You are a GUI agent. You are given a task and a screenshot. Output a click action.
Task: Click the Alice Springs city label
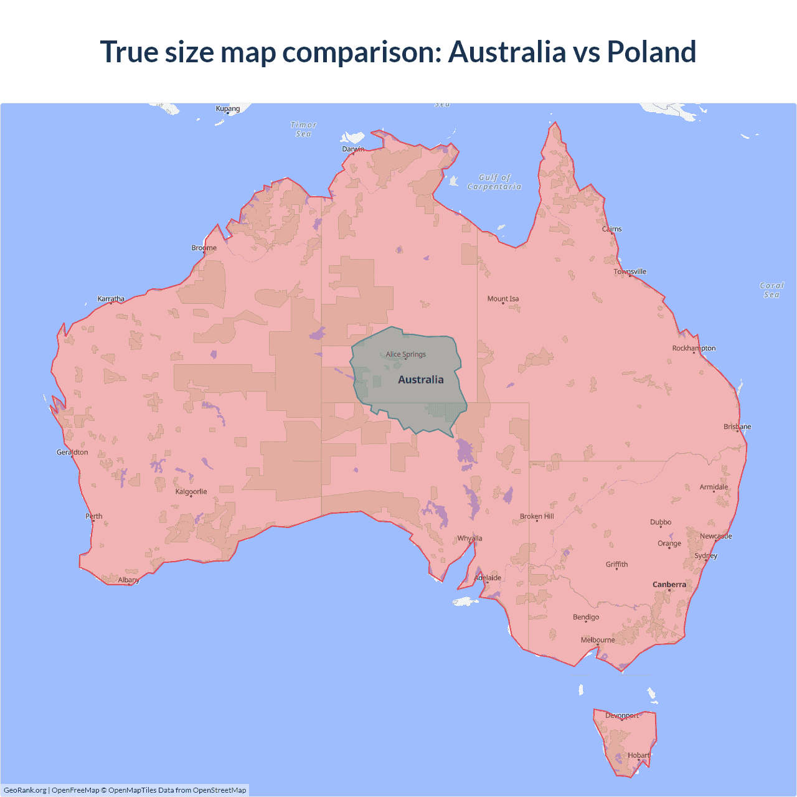(405, 354)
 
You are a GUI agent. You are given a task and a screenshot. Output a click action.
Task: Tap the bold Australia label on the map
(421, 380)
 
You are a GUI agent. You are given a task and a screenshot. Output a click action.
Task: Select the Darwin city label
(353, 149)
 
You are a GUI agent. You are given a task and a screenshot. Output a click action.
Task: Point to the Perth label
(94, 516)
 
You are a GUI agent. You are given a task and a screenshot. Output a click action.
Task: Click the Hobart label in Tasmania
(639, 755)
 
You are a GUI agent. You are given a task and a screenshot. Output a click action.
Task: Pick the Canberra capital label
(669, 585)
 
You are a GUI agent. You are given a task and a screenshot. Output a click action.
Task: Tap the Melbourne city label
(598, 640)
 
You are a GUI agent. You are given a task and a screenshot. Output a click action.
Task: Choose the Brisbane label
(737, 427)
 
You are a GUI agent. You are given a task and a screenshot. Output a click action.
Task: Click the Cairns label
(611, 229)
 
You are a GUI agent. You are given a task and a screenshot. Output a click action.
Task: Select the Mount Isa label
(503, 299)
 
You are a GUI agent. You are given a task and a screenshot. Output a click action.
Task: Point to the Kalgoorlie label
(191, 492)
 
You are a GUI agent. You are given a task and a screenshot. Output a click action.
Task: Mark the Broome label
(204, 248)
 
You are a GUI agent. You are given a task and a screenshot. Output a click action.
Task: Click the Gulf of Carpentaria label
(494, 182)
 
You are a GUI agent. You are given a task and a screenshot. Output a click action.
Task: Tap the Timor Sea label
(304, 130)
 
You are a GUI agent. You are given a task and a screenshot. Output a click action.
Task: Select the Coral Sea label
(771, 290)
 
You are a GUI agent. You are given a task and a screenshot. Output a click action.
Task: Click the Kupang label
(228, 109)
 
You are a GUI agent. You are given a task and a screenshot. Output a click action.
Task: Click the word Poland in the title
(651, 52)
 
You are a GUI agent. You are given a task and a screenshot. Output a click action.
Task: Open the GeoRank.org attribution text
(25, 790)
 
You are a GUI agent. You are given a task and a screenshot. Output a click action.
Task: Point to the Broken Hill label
(537, 516)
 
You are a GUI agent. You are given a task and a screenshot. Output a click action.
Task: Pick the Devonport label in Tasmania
(622, 715)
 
